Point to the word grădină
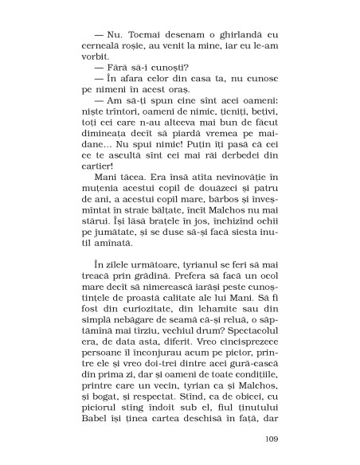158,284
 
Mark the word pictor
232,361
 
